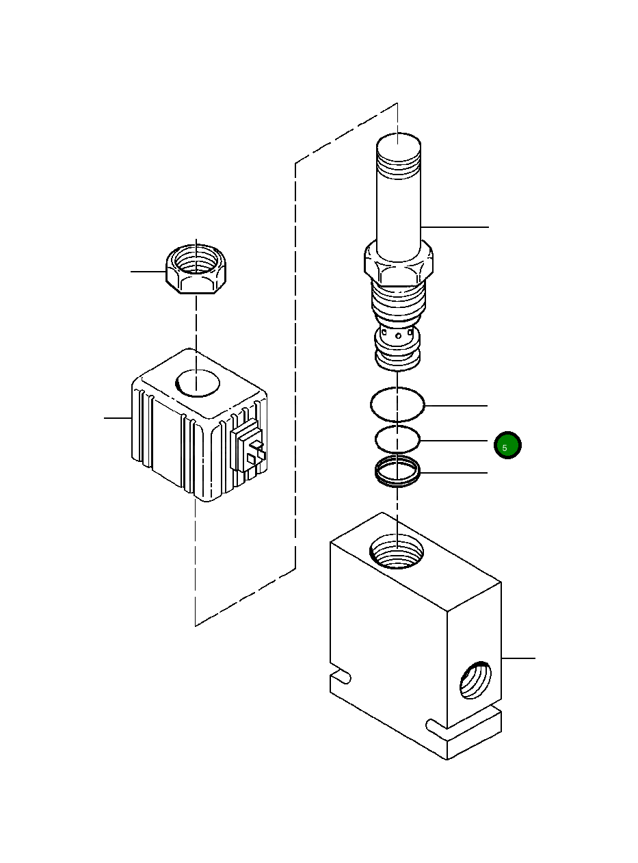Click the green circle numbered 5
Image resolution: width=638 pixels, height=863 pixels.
[x=507, y=446]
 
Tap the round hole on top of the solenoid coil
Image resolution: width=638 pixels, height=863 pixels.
[x=198, y=382]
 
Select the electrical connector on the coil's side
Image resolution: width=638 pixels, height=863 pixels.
[x=249, y=449]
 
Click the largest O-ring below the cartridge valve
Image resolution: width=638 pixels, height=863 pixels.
[x=397, y=404]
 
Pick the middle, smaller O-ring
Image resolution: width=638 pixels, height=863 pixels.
[x=397, y=439]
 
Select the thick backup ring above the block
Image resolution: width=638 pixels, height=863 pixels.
[x=397, y=470]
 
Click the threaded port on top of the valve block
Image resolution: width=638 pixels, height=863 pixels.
[x=396, y=552]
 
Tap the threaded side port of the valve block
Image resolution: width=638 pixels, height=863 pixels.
[x=475, y=681]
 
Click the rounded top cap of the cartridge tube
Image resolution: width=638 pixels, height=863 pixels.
[x=399, y=146]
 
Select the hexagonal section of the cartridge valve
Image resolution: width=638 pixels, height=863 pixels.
[x=398, y=264]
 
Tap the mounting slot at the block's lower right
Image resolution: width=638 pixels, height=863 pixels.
[x=438, y=723]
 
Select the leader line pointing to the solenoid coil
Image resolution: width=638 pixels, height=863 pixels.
[x=117, y=417]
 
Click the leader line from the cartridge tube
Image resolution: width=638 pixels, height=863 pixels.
[x=455, y=227]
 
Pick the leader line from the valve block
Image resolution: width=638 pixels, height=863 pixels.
[x=518, y=658]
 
